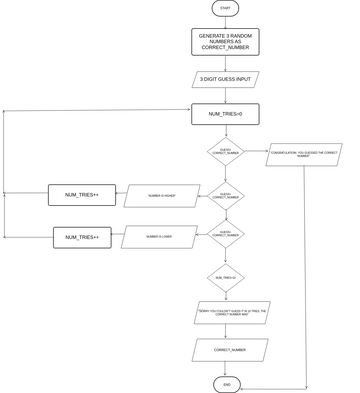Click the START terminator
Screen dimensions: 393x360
pyautogui.click(x=225, y=8)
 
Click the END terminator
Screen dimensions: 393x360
pyautogui.click(x=226, y=384)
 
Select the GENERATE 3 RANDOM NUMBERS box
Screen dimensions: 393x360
pyautogui.click(x=225, y=41)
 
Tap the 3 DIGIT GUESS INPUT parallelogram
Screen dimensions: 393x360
pyautogui.click(x=225, y=79)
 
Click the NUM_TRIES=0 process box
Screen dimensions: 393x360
pyautogui.click(x=225, y=114)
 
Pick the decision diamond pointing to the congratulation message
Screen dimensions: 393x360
pyautogui.click(x=225, y=152)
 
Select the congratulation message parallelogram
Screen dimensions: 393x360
pyautogui.click(x=303, y=154)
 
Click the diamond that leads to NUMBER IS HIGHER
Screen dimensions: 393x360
pyautogui.click(x=225, y=195)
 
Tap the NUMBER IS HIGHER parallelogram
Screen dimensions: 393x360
pyautogui.click(x=162, y=196)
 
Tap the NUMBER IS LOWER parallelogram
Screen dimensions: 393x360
pyautogui.click(x=159, y=237)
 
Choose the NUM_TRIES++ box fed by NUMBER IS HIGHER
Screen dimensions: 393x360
pyautogui.click(x=82, y=195)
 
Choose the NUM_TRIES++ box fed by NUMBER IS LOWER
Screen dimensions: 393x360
pyautogui.click(x=82, y=237)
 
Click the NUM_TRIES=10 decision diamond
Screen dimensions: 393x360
pyautogui.click(x=225, y=278)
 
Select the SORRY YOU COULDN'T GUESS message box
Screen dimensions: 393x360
pyautogui.click(x=232, y=313)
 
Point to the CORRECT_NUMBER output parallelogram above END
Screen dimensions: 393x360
pyautogui.click(x=230, y=350)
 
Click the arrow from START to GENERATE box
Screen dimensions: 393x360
pyautogui.click(x=225, y=22)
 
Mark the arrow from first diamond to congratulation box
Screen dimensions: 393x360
pyautogui.click(x=256, y=153)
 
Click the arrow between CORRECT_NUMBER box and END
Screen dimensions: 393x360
pyautogui.click(x=226, y=368)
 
